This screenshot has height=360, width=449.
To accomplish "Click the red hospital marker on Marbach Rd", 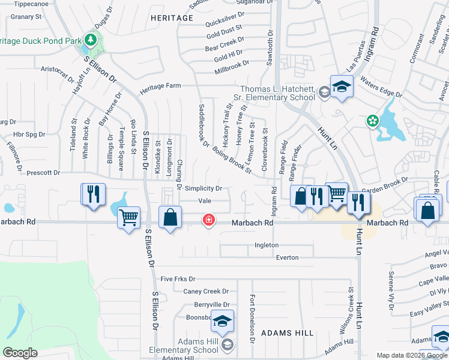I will click(209, 220).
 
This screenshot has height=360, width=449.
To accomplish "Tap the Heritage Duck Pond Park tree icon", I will click(91, 40).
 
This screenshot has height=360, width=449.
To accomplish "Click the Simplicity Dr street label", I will click(203, 188).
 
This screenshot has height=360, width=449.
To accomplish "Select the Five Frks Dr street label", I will click(178, 280).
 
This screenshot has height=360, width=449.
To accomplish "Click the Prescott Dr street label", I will click(44, 173).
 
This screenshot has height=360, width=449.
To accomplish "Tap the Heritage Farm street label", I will click(160, 86).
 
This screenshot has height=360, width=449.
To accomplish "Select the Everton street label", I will click(287, 257).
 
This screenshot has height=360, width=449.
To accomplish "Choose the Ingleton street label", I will click(267, 245).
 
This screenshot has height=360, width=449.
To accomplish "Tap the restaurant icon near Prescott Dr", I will click(93, 194).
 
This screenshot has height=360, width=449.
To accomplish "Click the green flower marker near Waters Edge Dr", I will click(373, 121).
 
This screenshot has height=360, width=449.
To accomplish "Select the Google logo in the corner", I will click(20, 353).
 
